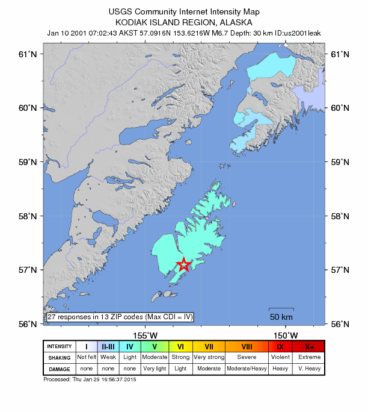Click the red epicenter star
pyautogui.click(x=184, y=265)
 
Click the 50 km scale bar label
pyautogui.click(x=281, y=317)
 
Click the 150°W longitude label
pyautogui.click(x=286, y=335)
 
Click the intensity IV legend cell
pyautogui.click(x=130, y=346)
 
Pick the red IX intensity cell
pyautogui.click(x=280, y=346)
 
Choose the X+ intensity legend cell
pyautogui.click(x=310, y=346)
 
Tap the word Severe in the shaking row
pyautogui.click(x=247, y=357)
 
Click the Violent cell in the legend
pyautogui.click(x=280, y=357)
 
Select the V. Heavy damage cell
pyautogui.click(x=310, y=368)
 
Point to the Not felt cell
pyautogui.click(x=87, y=357)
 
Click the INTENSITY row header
pyautogui.click(x=60, y=346)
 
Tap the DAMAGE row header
pyautogui.click(x=60, y=368)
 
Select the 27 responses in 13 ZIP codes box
pyautogui.click(x=120, y=317)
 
